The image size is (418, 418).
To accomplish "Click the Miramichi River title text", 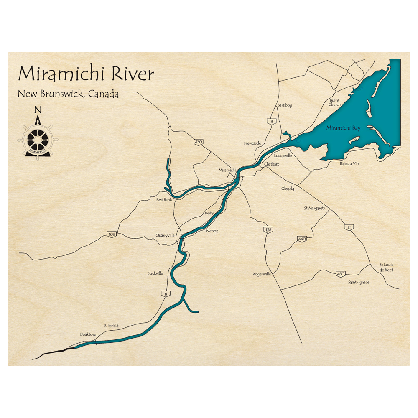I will [x=86, y=74].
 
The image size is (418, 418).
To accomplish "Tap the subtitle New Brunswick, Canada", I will [x=68, y=94].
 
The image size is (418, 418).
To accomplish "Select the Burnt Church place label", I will [x=335, y=102].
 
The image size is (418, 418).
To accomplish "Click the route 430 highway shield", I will [x=198, y=142].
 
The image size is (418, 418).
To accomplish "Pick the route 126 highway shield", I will [x=268, y=229].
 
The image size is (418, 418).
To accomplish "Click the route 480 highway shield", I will [x=340, y=274].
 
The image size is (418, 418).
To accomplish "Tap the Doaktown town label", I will [x=89, y=334].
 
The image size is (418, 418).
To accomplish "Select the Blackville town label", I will [x=155, y=273].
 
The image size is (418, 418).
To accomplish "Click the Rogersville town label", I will [x=262, y=274].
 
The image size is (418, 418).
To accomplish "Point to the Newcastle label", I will [x=252, y=143].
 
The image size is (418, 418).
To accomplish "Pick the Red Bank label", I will [x=164, y=200].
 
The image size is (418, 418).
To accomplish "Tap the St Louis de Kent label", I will [x=386, y=267].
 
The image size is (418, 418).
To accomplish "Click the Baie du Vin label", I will [x=349, y=163].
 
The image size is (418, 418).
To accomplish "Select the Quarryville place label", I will [x=165, y=235].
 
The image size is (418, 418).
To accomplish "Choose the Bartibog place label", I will [x=285, y=105].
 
